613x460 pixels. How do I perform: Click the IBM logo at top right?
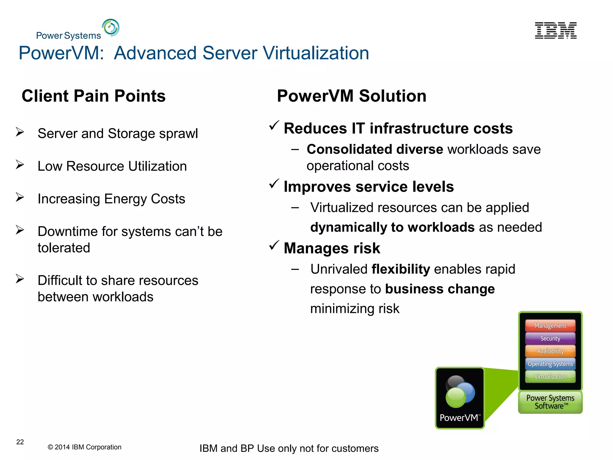556,30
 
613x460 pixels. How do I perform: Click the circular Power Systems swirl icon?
111,28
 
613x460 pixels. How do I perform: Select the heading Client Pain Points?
93,96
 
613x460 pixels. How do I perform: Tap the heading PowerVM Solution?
351,96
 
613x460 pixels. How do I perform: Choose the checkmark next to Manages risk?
274,246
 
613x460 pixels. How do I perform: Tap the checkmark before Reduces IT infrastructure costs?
274,125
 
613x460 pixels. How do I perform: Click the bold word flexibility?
400,269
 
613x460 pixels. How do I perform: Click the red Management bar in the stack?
550,326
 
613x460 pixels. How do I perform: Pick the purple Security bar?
550,338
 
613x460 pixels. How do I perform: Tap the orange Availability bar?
550,351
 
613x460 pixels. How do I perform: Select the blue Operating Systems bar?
550,364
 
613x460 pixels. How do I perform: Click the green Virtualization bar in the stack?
550,377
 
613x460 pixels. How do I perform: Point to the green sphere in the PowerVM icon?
456,397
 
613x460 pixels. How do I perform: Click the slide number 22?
20,442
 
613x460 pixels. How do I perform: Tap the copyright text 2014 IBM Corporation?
84,447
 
